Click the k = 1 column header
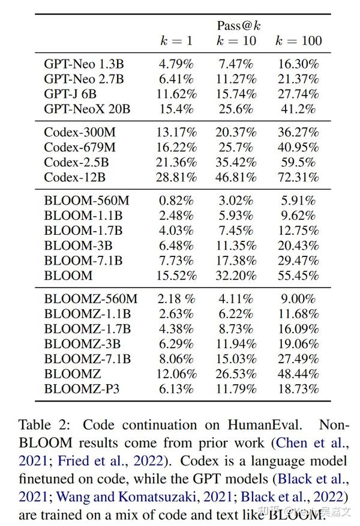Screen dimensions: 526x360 click(x=176, y=41)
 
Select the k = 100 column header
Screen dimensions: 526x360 click(x=298, y=41)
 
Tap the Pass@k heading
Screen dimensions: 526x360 click(x=238, y=26)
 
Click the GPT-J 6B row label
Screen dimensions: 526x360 click(x=70, y=94)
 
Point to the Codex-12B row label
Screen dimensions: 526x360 click(x=75, y=178)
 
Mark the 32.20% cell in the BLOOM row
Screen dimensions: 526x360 click(x=236, y=276)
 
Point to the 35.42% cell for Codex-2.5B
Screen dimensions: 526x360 click(x=236, y=162)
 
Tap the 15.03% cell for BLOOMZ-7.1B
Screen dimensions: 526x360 click(x=236, y=358)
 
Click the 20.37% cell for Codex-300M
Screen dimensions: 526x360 click(x=236, y=131)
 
